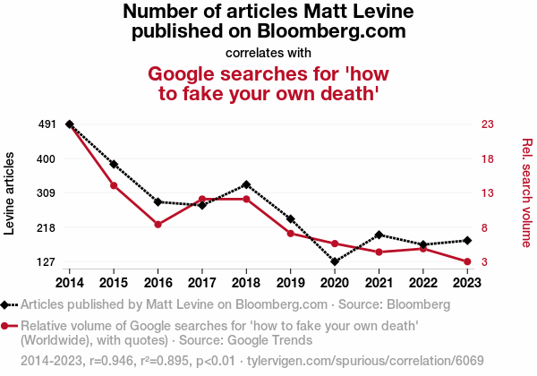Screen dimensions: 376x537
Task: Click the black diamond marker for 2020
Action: (335, 261)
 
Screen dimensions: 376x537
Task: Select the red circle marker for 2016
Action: (158, 224)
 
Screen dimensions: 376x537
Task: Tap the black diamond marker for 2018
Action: (246, 184)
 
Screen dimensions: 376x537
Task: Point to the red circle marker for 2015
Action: (114, 185)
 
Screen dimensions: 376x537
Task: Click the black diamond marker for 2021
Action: (379, 235)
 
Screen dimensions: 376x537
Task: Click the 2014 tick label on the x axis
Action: (70, 281)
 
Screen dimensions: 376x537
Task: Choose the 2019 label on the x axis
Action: (290, 281)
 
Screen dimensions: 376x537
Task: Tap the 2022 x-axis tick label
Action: (422, 281)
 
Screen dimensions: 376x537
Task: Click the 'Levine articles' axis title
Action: (11, 193)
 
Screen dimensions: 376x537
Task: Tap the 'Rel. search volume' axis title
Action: (526, 193)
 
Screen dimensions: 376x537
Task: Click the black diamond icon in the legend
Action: (7, 304)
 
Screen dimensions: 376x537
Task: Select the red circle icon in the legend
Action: (7, 326)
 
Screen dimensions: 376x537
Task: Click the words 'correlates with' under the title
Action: (268, 52)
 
